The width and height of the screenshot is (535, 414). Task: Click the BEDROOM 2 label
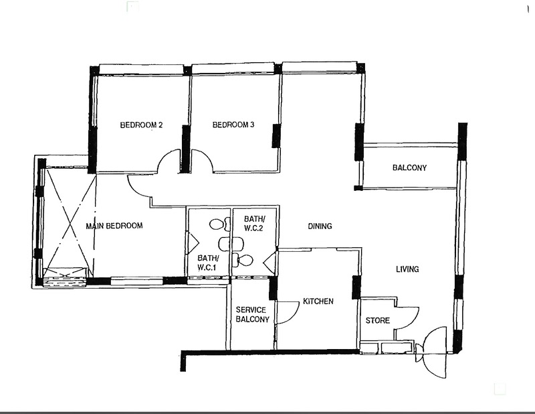[x=142, y=125]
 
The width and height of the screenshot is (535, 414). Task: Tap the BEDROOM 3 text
[x=233, y=125]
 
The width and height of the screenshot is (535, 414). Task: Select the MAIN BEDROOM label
[x=114, y=226]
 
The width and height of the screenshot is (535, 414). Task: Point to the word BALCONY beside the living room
[x=409, y=167]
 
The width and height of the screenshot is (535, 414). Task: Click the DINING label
[x=320, y=226]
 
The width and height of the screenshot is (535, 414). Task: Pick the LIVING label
[x=407, y=269]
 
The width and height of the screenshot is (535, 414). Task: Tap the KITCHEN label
[x=318, y=301]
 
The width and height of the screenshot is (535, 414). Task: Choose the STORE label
[x=377, y=320]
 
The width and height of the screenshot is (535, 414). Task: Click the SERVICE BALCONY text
[x=251, y=314]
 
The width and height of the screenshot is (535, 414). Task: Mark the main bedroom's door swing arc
[x=138, y=187]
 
